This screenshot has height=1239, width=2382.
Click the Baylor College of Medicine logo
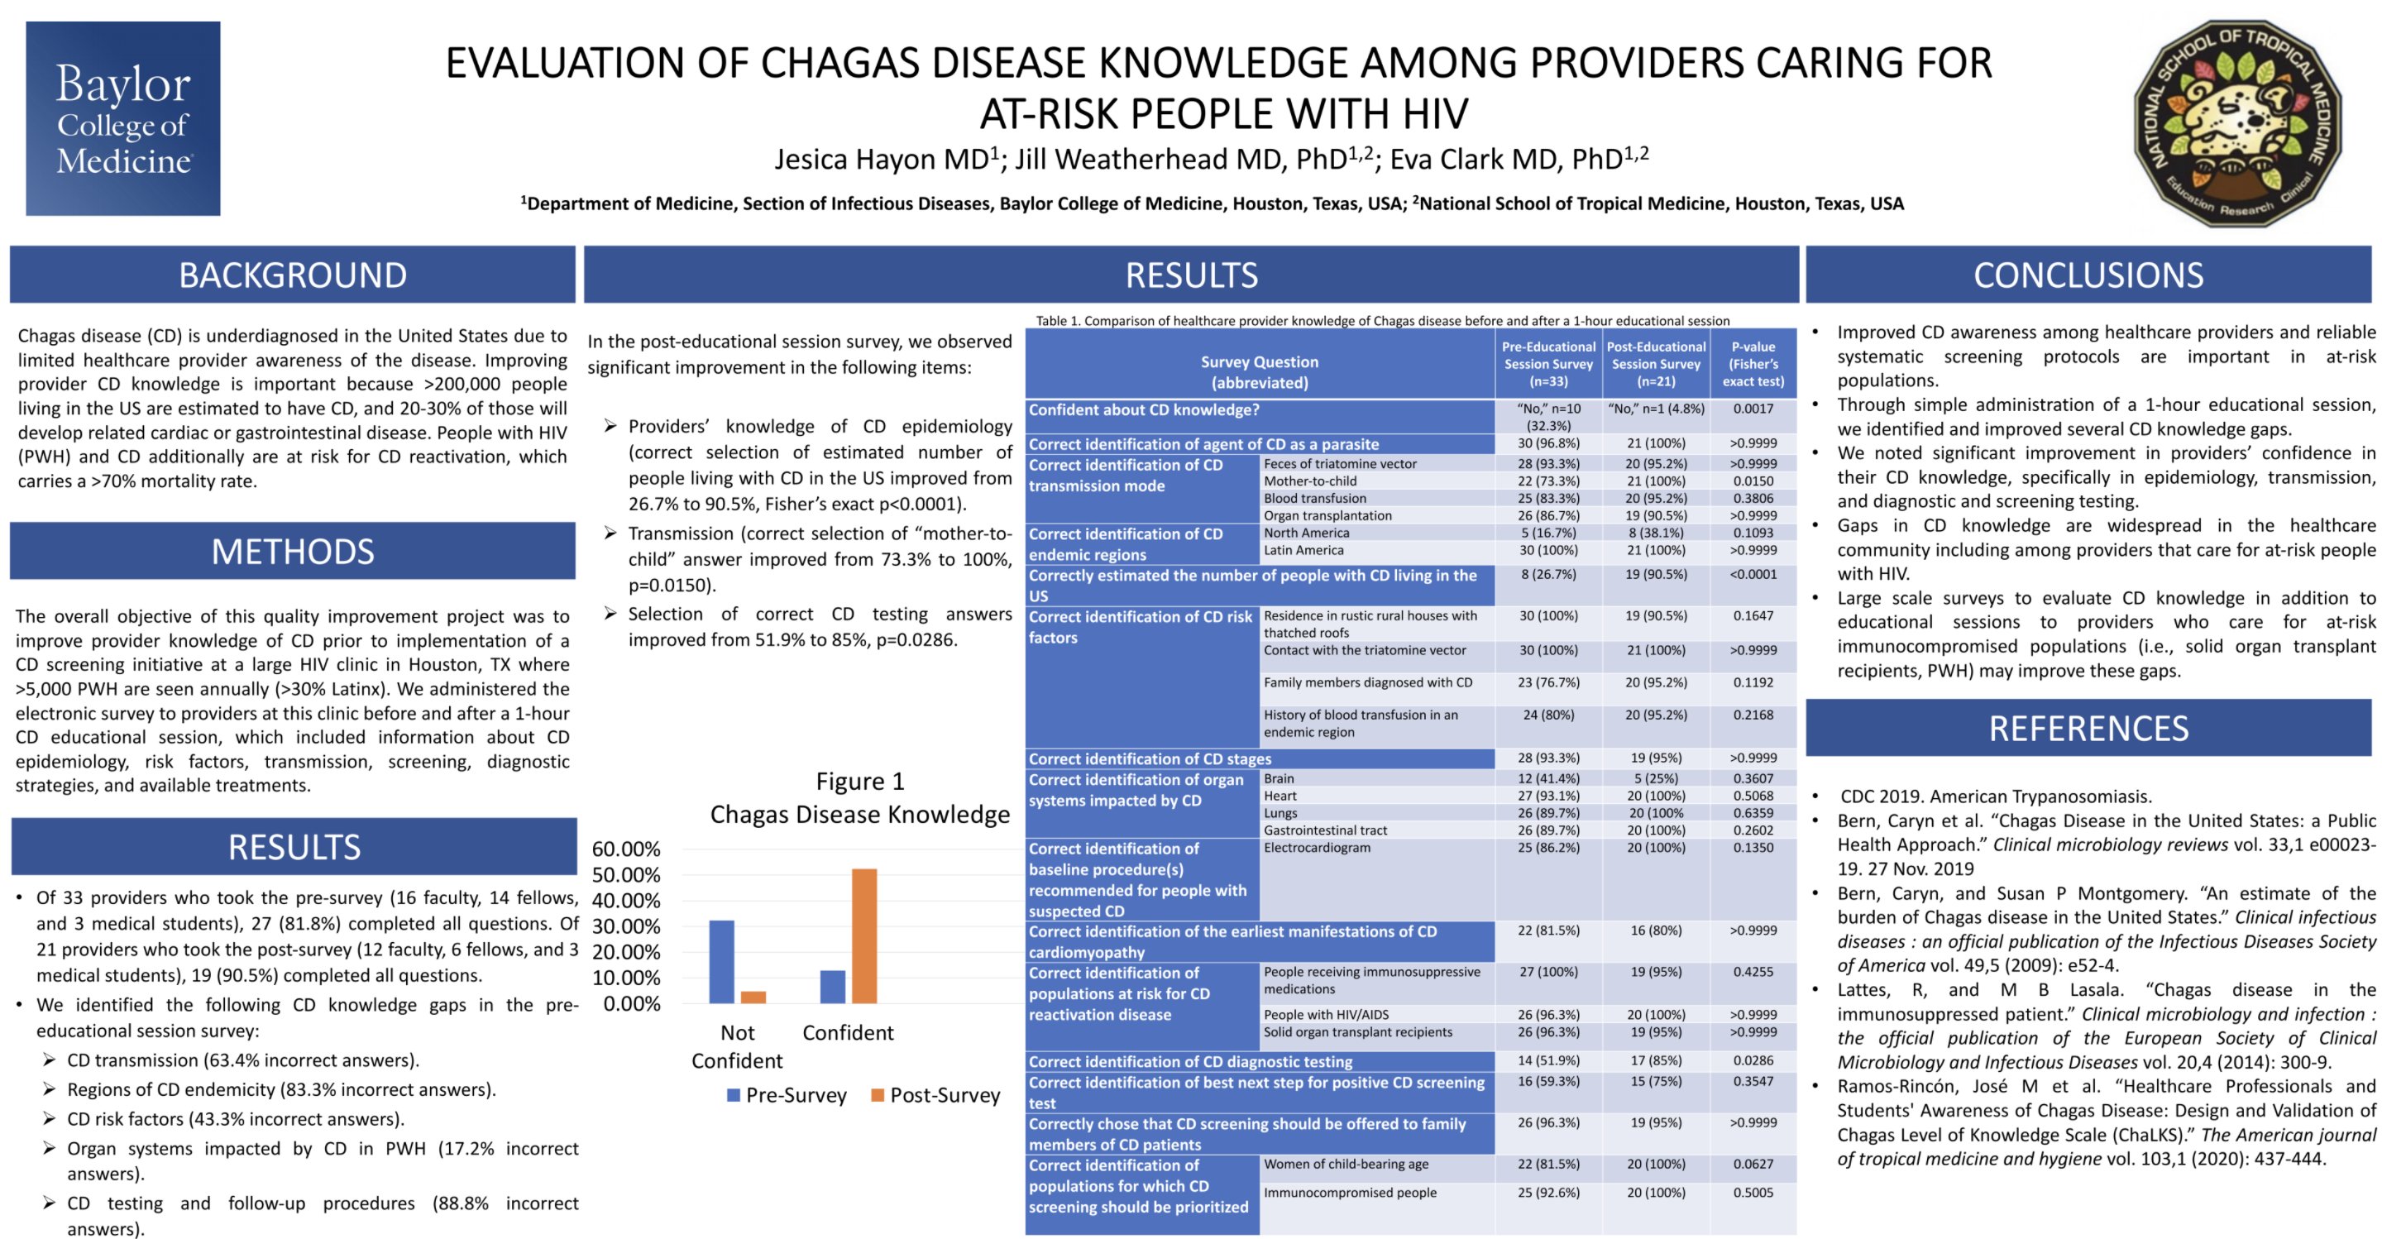123,118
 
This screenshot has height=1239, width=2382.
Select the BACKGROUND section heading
292,275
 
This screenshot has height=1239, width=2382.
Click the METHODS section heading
292,551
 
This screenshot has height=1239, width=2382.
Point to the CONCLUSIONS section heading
2088,275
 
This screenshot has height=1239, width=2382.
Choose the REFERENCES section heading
2088,729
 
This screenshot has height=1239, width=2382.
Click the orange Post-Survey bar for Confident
863,935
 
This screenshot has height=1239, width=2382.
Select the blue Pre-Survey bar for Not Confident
721,962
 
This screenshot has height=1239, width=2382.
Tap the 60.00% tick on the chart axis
626,849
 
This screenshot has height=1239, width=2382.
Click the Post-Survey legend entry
935,1096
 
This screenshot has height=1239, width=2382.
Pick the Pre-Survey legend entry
787,1096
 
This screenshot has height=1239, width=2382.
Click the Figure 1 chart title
860,798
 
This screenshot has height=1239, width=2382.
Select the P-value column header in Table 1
1753,363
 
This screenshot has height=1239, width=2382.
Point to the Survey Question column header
1260,371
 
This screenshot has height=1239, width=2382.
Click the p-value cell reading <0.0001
1753,574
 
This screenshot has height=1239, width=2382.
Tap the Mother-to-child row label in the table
1310,481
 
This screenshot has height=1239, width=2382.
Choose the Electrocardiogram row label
1317,848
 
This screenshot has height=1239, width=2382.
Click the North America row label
1307,533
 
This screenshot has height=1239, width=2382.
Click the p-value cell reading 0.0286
1753,1060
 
